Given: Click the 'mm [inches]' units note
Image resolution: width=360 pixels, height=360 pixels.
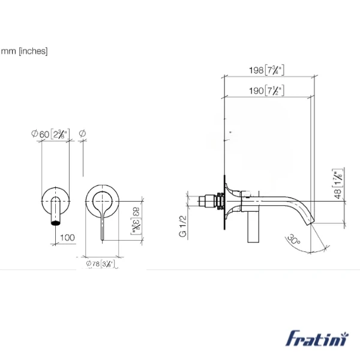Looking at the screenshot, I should pyautogui.click(x=24, y=51).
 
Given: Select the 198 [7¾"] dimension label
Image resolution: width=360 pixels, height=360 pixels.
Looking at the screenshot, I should pyautogui.click(x=267, y=70).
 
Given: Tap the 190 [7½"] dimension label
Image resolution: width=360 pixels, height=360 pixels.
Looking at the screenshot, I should pyautogui.click(x=267, y=91).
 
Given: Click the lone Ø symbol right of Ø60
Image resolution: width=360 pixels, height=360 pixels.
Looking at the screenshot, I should pyautogui.click(x=82, y=133).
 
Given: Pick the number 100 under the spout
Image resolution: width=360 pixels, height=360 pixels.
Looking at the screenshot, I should pyautogui.click(x=67, y=238).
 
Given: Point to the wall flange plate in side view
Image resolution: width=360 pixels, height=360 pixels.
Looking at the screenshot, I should pyautogui.click(x=227, y=201).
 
